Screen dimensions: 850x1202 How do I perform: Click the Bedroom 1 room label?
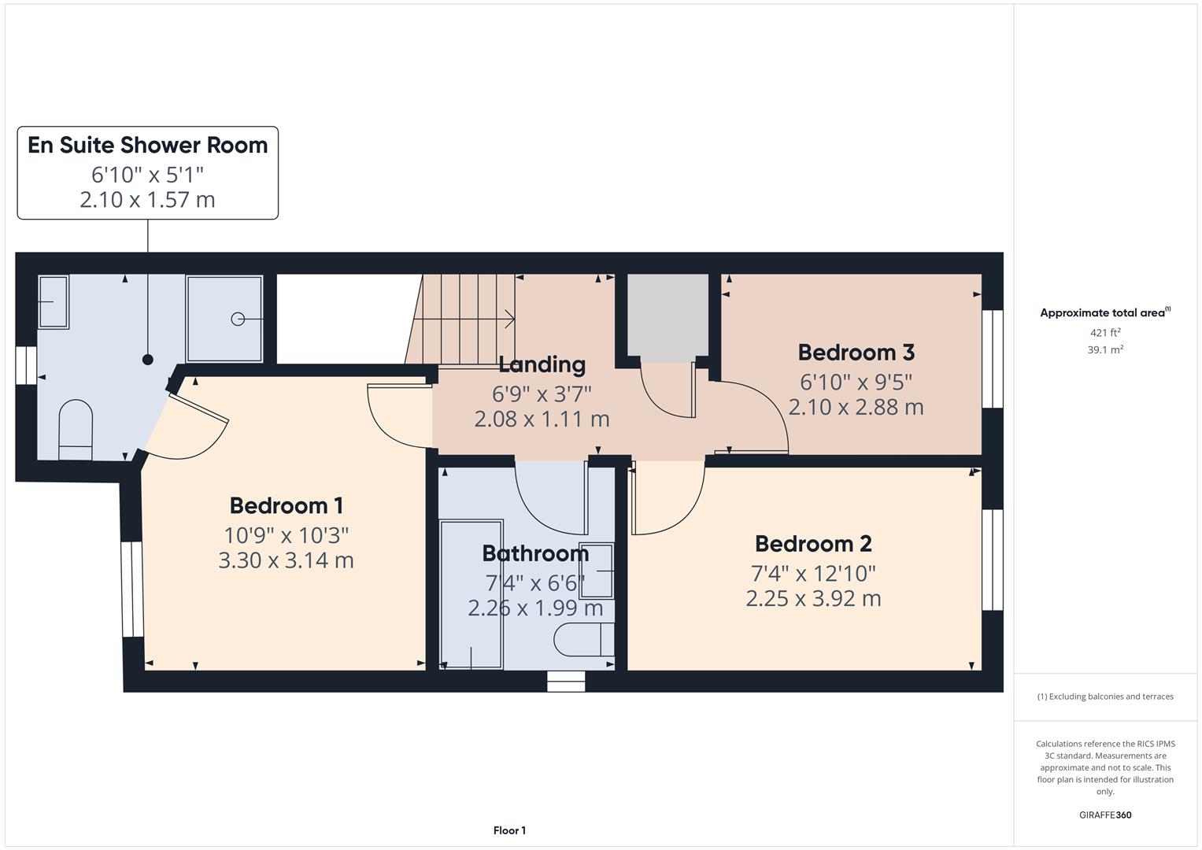[x=286, y=505]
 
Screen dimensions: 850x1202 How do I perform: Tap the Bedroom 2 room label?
[x=813, y=544]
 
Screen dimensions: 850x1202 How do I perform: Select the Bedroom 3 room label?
[x=856, y=352]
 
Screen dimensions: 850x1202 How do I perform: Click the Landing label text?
[x=542, y=364]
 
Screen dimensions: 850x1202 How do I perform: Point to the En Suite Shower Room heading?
[x=147, y=146]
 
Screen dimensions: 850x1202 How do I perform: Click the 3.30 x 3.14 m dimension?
[x=286, y=560]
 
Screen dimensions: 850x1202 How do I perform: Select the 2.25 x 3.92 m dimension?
[x=813, y=598]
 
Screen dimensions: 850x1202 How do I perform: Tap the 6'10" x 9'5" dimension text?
[x=856, y=382]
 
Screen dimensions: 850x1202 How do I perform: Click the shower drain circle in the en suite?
[x=237, y=319]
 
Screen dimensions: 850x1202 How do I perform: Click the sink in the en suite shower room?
[x=54, y=301]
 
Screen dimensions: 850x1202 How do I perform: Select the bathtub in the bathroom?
[x=471, y=594]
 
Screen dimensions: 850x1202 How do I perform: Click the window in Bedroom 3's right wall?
[x=993, y=358]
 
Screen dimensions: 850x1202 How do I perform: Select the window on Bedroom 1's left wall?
[x=132, y=589]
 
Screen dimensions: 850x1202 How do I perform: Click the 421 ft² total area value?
[x=1104, y=333]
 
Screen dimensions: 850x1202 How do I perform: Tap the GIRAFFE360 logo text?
[x=1104, y=815]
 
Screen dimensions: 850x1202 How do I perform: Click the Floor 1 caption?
[x=509, y=830]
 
